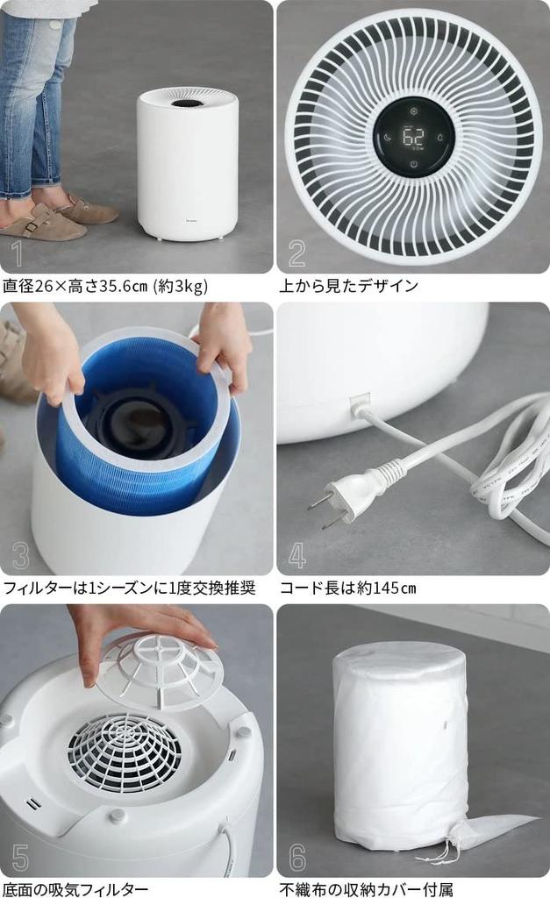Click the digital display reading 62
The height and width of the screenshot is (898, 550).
click(x=413, y=137)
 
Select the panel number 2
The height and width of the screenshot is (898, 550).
click(x=297, y=253)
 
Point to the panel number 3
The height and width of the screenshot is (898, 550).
click(x=20, y=556)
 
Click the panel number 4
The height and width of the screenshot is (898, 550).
click(x=297, y=555)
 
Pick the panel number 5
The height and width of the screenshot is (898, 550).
click(x=20, y=858)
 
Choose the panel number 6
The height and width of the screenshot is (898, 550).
click(x=297, y=858)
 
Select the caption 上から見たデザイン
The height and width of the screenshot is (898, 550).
click(x=348, y=285)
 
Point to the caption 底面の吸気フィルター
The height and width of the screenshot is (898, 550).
click(x=75, y=889)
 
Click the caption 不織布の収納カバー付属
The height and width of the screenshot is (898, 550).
click(x=366, y=889)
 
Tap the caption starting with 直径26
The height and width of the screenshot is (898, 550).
click(x=105, y=285)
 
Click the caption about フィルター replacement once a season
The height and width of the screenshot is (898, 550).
click(x=129, y=588)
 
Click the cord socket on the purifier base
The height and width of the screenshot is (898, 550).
click(x=359, y=406)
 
